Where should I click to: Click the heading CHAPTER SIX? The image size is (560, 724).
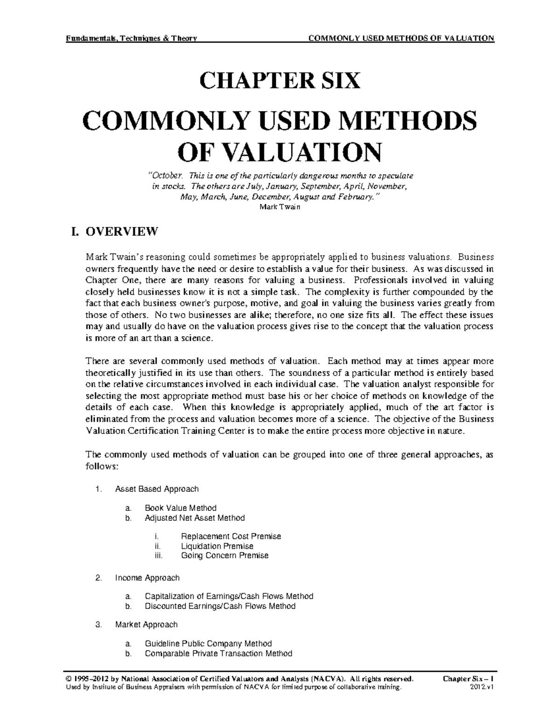pyautogui.click(x=280, y=81)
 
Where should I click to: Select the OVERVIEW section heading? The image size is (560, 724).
pyautogui.click(x=121, y=232)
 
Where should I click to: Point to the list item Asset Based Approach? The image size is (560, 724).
pyautogui.click(x=156, y=489)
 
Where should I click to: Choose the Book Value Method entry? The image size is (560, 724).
pyautogui.click(x=180, y=508)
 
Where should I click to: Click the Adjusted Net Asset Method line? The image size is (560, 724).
pyautogui.click(x=194, y=517)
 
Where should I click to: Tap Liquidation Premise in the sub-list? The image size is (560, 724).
pyautogui.click(x=217, y=546)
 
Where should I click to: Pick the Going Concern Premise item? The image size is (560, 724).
pyautogui.click(x=224, y=555)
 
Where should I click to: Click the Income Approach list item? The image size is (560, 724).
pyautogui.click(x=147, y=578)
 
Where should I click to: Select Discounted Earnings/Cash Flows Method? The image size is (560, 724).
pyautogui.click(x=220, y=606)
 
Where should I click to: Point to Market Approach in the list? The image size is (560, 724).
pyautogui.click(x=146, y=624)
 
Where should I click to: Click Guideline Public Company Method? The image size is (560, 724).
pyautogui.click(x=208, y=643)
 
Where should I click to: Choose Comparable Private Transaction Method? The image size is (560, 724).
pyautogui.click(x=218, y=653)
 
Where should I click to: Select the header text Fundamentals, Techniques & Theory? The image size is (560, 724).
pyautogui.click(x=132, y=38)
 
